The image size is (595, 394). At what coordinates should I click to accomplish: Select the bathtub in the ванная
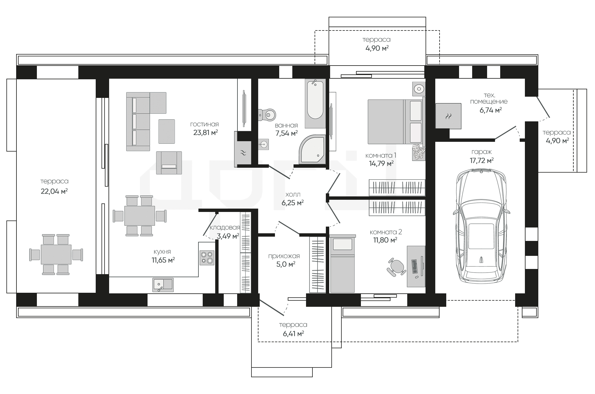tap(315, 103)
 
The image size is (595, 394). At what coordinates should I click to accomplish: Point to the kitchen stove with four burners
tap(207, 258)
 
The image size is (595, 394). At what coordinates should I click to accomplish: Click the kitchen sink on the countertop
tap(163, 285)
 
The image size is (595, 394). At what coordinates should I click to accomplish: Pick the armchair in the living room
tap(169, 163)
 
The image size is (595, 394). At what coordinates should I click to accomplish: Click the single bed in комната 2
tap(343, 263)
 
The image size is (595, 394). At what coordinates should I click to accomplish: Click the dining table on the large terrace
tap(56, 255)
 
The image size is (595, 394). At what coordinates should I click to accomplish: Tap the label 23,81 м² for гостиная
tap(205, 132)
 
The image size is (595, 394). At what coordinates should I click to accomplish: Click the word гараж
tap(482, 152)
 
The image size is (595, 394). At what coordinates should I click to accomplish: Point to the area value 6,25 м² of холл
tap(293, 203)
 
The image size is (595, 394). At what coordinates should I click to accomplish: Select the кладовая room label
tap(225, 227)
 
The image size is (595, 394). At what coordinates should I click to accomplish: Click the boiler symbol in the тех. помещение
tap(448, 116)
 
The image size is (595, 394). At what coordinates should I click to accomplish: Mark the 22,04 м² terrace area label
tap(54, 191)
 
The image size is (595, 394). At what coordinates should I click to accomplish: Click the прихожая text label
tap(284, 256)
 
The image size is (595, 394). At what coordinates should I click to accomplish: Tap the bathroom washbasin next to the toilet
tap(264, 144)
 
